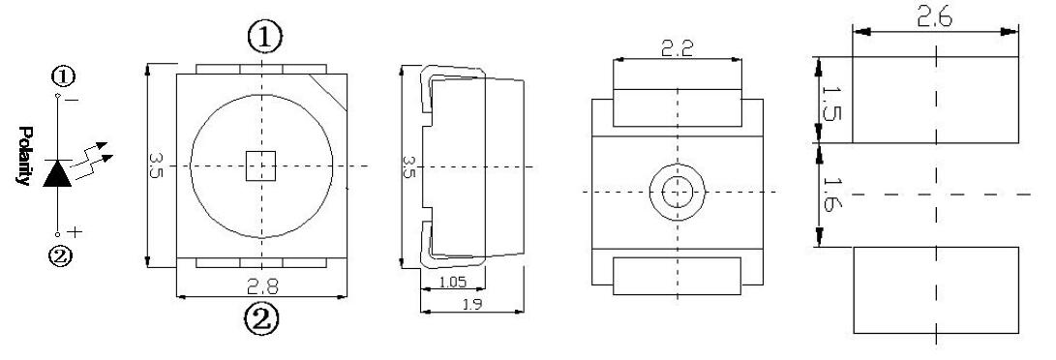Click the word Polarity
pyautogui.click(x=24, y=155)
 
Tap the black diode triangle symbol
pyautogui.click(x=58, y=173)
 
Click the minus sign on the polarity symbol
pyautogui.click(x=73, y=101)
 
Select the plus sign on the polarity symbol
pyautogui.click(x=75, y=232)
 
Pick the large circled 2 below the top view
pyautogui.click(x=260, y=319)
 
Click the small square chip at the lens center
pyautogui.click(x=260, y=166)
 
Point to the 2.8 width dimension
pyautogui.click(x=262, y=286)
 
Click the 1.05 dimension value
pyautogui.click(x=453, y=283)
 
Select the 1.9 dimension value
pyautogui.click(x=472, y=304)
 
